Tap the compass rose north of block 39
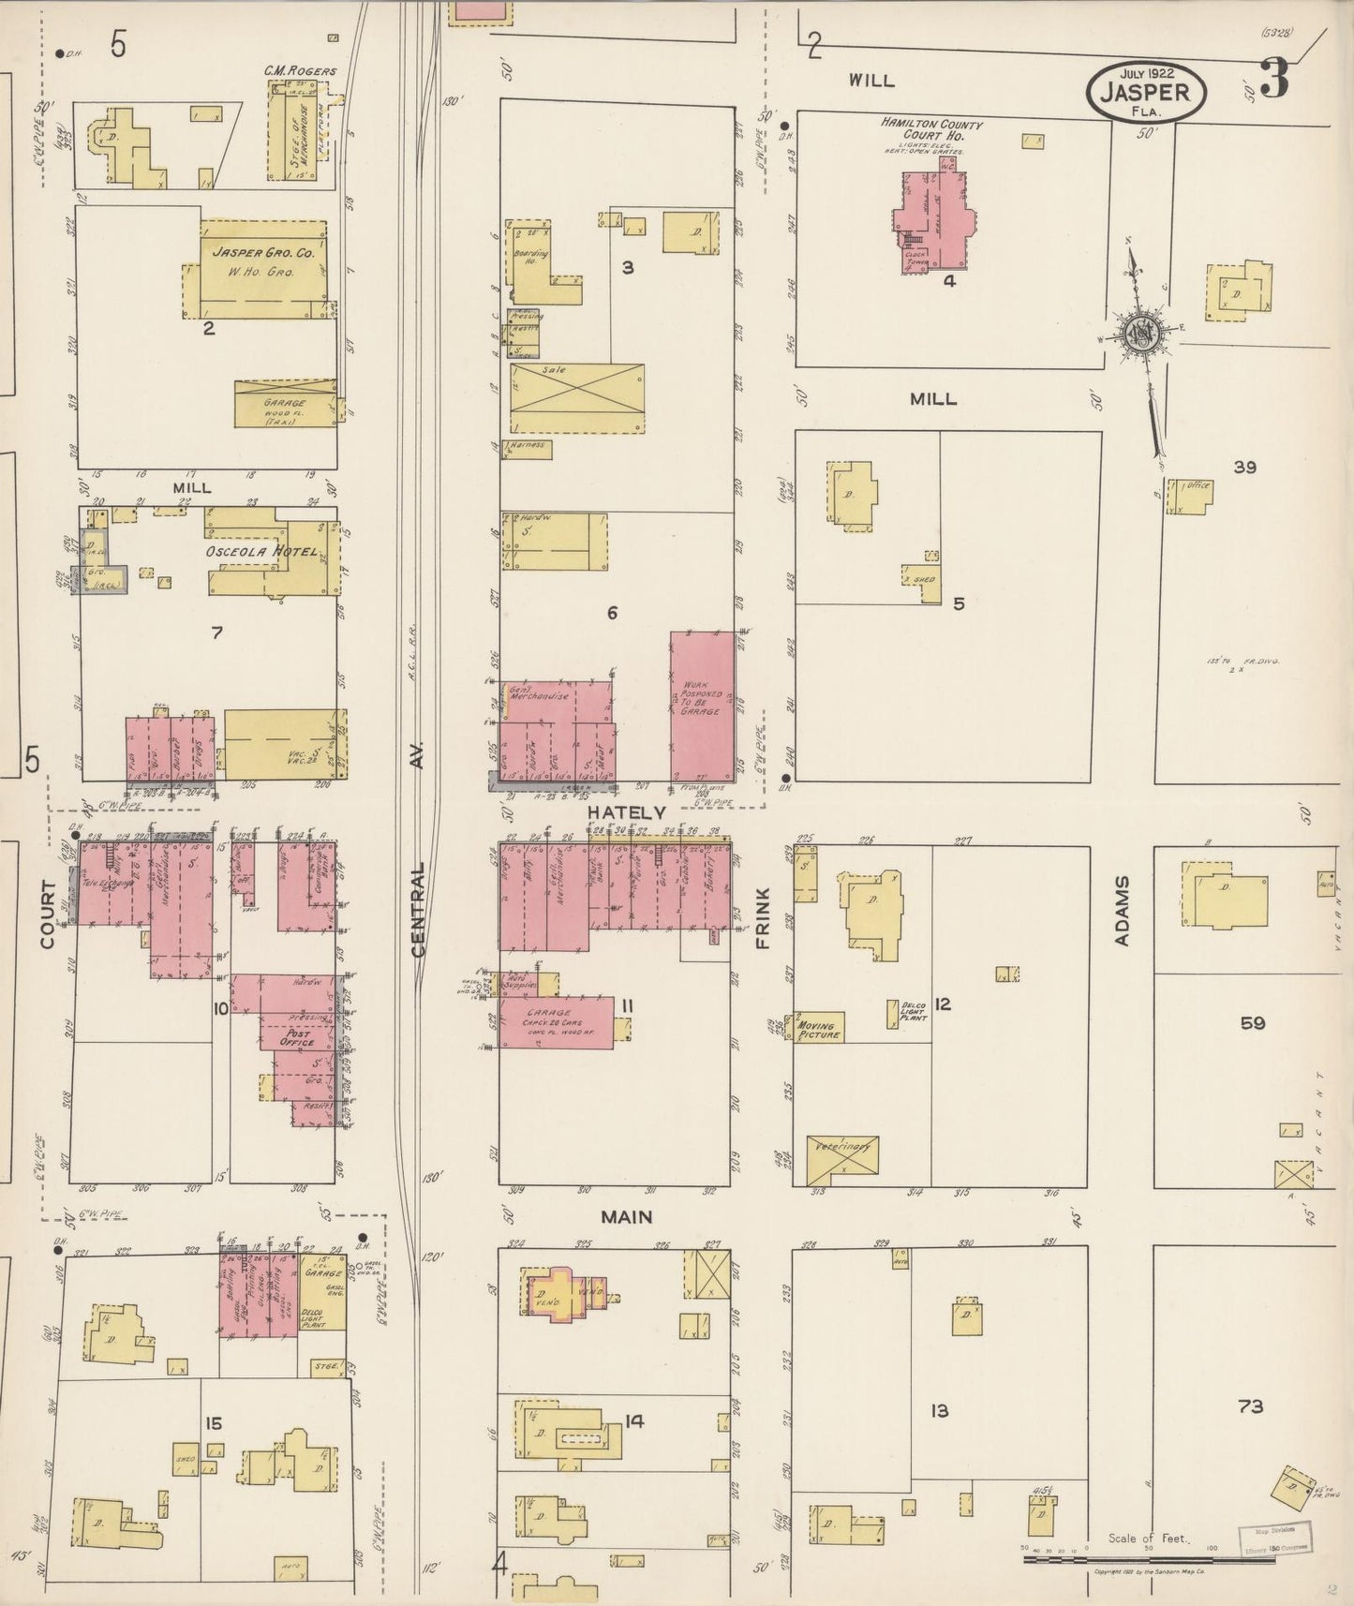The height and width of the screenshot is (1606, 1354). point(1143,332)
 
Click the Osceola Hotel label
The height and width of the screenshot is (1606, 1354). point(264,552)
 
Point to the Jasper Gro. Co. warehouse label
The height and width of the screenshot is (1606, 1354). point(262,253)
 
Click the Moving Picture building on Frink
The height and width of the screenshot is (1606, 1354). point(819,1029)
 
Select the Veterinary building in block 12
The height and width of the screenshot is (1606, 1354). point(842,1159)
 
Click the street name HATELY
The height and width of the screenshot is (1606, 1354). point(627,812)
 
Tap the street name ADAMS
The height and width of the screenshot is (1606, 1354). point(1124,911)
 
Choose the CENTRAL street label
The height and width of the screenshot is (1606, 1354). point(418,910)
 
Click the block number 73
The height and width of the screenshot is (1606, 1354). point(1250,1405)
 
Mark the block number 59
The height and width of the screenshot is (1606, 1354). point(1252,1022)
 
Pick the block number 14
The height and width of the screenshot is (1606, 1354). point(634,1421)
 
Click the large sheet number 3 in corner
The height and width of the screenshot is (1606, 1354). point(1274,81)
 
